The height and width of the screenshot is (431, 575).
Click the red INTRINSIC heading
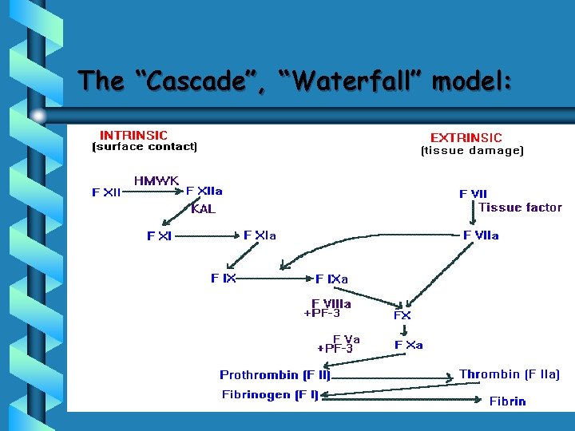click(133, 135)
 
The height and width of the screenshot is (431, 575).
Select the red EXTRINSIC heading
click(466, 138)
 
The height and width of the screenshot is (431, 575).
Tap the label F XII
click(106, 192)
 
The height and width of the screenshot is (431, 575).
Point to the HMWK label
click(157, 181)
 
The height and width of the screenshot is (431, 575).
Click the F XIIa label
click(204, 191)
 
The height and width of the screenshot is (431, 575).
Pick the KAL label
click(203, 209)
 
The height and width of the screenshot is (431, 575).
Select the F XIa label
click(260, 235)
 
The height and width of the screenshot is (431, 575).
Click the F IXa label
click(332, 279)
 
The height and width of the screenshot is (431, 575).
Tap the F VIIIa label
click(331, 303)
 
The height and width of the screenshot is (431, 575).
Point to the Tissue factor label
click(520, 208)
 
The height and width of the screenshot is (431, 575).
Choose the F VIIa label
click(482, 235)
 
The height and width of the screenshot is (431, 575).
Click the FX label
click(402, 315)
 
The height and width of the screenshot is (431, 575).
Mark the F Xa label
click(409, 345)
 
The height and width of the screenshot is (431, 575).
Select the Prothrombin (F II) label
click(275, 375)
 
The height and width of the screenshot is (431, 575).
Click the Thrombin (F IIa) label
click(510, 374)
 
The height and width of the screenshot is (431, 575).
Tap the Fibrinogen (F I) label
click(270, 394)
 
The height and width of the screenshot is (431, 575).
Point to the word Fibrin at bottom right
click(507, 401)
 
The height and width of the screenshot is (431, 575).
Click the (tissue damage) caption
click(472, 150)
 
